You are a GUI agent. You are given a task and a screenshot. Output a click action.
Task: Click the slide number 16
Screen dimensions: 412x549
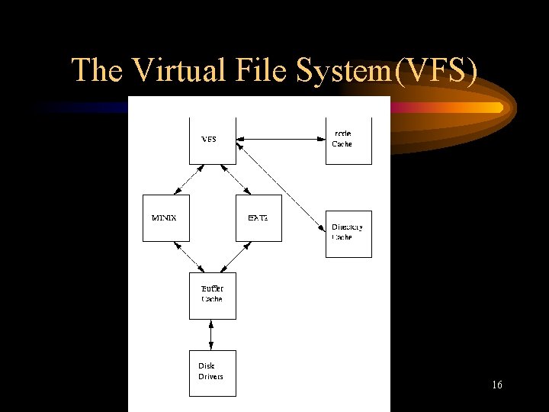tap(496, 385)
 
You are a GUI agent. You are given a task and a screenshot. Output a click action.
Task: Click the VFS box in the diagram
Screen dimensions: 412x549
tap(212, 140)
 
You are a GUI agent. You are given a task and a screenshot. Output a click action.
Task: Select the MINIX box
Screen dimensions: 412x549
tap(165, 218)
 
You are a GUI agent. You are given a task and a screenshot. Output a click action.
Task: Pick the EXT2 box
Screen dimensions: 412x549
tap(258, 218)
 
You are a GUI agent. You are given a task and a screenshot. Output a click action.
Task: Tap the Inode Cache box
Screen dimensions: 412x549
tap(348, 140)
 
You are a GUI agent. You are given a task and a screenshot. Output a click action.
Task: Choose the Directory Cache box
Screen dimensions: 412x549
tap(348, 233)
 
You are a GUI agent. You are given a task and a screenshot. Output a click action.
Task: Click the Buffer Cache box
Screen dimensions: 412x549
tap(212, 295)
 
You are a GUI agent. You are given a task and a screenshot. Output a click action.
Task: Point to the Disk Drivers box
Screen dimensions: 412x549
tap(212, 372)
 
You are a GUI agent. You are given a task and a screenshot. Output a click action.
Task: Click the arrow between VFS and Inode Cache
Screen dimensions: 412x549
tap(281, 139)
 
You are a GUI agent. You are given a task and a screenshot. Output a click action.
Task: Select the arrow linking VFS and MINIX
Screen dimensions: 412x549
tap(189, 179)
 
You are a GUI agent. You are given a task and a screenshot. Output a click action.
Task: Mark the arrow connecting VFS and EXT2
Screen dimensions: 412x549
tap(236, 179)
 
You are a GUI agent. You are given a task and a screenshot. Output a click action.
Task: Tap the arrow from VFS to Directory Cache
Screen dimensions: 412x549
tap(281, 186)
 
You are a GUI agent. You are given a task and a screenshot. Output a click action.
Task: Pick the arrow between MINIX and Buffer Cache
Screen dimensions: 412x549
tap(189, 257)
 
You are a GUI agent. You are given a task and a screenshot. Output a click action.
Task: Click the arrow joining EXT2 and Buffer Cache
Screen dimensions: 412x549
tap(236, 257)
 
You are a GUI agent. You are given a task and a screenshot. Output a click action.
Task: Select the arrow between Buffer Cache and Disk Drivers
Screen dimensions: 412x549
tap(212, 334)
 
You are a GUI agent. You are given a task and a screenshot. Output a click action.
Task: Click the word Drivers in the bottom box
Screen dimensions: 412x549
tap(211, 377)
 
